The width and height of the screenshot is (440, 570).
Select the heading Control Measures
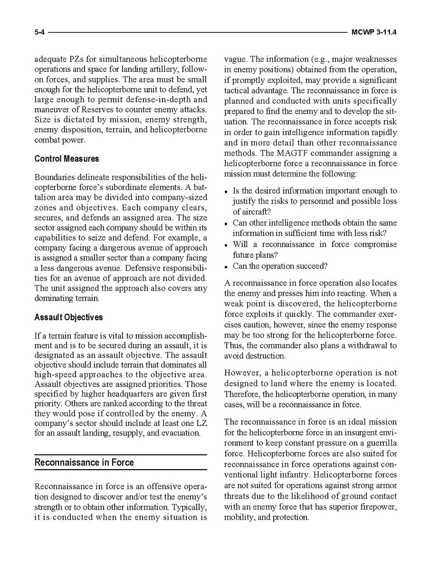pos(67,159)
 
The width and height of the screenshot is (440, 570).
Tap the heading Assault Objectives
pos(68,317)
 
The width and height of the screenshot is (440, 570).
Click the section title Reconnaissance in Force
pos(84,462)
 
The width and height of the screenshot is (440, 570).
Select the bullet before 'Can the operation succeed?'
pos(227,267)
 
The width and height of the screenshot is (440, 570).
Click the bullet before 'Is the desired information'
pos(227,192)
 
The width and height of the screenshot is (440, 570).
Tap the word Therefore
pos(242,394)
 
